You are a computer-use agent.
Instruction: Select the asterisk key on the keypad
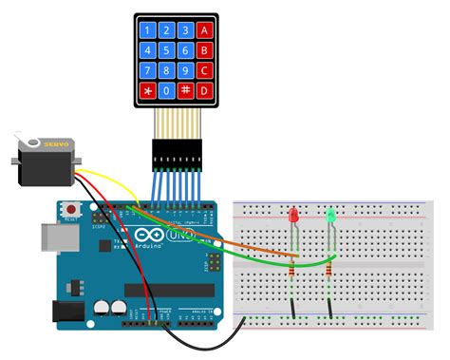pos(146,92)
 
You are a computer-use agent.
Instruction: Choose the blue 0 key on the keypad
pos(167,92)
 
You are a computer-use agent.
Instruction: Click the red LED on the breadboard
pos(294,218)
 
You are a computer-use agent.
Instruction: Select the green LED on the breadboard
pos(331,218)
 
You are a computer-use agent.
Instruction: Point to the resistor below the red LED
pos(291,271)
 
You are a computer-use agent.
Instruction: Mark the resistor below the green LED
pos(329,271)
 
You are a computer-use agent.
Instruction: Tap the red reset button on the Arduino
pos(70,209)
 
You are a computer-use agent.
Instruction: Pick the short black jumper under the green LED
pos(329,306)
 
